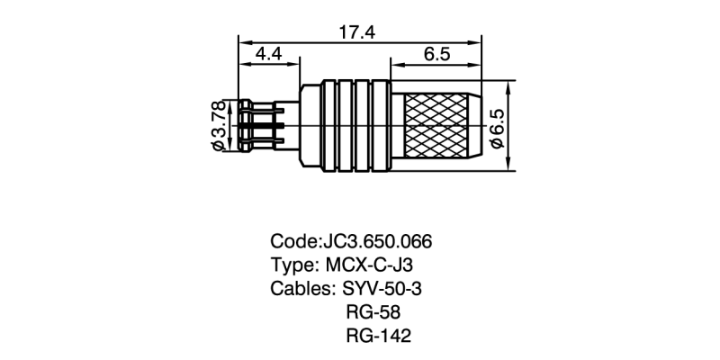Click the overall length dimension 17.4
click(356, 32)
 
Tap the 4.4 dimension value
click(269, 55)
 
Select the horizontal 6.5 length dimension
click(435, 55)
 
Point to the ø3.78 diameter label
click(218, 127)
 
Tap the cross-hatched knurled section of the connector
click(436, 127)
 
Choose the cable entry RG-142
click(377, 337)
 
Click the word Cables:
click(302, 290)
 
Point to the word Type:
click(292, 266)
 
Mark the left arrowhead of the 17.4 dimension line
click(243, 40)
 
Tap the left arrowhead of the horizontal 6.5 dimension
click(394, 63)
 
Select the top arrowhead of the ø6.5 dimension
click(510, 86)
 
